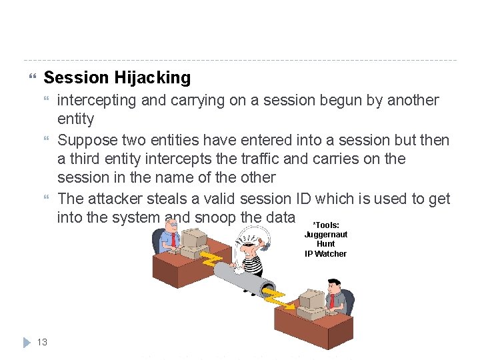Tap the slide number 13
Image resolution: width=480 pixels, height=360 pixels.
pos(41,342)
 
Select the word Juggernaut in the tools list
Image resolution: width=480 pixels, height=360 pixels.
pos(325,235)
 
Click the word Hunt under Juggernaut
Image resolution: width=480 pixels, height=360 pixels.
pos(325,244)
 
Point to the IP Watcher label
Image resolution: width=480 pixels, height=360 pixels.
pos(325,254)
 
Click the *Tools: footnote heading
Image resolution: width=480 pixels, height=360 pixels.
pos(325,225)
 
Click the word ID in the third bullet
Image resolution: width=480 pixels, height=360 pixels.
pos(302,199)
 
